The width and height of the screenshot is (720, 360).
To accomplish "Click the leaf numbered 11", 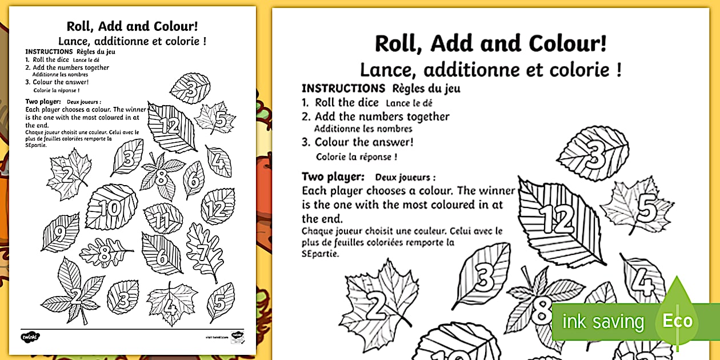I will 163,219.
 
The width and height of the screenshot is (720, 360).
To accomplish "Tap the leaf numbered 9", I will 61,232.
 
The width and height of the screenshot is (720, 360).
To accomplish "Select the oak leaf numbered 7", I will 203,251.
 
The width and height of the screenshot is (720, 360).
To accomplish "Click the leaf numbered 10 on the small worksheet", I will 112,207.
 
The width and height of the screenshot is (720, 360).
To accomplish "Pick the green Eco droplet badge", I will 677,320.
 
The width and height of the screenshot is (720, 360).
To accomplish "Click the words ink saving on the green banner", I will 603,322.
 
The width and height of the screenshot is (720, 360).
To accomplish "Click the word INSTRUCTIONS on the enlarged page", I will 343,89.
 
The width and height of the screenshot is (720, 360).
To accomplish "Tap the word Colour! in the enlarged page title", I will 567,44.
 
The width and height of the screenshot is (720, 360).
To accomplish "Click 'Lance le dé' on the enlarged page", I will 409,103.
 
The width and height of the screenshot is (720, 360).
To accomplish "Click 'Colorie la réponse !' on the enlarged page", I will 356,157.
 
